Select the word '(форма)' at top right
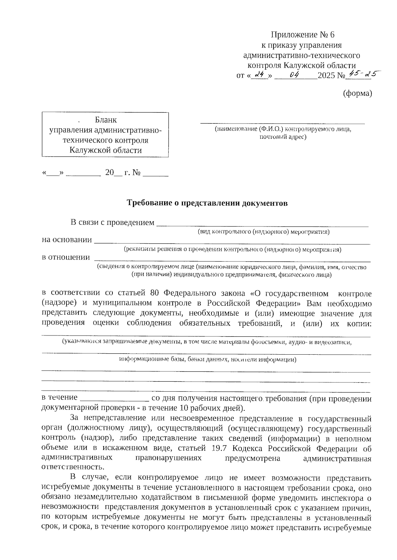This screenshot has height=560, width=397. [357, 94]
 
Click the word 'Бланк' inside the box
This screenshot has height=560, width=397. [106, 120]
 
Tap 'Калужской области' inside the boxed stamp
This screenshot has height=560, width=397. [106, 151]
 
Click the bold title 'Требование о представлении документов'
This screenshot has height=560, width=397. [207, 203]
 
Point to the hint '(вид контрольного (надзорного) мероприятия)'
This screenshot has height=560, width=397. [263, 232]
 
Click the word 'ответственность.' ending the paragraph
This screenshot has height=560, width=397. [72, 468]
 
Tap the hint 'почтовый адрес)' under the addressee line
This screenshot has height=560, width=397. [283, 136]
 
